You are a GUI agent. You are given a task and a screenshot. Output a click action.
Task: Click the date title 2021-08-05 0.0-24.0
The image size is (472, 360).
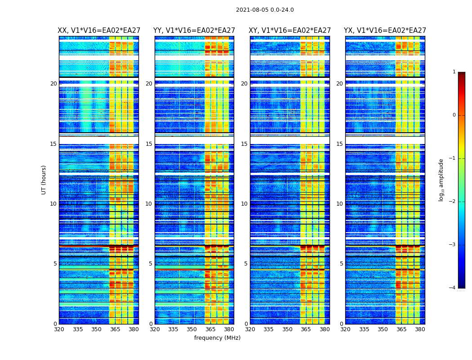point(265,10)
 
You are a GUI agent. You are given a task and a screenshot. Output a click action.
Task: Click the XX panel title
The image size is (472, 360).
point(99,31)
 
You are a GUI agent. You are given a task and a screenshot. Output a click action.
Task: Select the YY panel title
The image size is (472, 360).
point(194,31)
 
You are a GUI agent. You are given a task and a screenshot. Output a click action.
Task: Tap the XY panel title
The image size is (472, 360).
point(289,31)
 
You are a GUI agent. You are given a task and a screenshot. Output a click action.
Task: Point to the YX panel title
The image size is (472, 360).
point(385,31)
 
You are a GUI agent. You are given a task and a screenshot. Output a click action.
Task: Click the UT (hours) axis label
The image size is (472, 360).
point(44,180)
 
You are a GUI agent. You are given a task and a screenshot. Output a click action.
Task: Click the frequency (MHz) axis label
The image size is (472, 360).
point(217,338)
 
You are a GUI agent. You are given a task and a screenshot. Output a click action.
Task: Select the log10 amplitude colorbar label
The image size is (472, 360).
point(441,180)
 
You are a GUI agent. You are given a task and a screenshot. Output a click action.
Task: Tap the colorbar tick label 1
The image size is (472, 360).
point(454,72)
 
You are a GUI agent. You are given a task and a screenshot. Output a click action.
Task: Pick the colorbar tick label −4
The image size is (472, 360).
point(453,288)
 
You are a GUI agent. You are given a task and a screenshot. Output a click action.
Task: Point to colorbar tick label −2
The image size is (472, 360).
point(453,202)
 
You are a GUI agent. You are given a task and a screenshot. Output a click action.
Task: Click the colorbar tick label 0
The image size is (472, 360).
point(454,115)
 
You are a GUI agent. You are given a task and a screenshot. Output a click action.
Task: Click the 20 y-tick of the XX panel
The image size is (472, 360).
point(53,84)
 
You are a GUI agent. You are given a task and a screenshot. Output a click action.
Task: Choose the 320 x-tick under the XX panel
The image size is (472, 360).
point(59,329)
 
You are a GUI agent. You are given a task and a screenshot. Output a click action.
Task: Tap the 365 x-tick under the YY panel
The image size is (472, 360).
point(210,329)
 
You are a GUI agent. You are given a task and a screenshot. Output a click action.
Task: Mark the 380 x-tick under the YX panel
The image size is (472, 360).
point(420,329)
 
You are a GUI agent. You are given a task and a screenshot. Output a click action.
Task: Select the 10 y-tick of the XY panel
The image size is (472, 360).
point(244,204)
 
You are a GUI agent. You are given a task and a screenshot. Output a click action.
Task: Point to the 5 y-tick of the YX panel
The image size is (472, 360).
point(341,264)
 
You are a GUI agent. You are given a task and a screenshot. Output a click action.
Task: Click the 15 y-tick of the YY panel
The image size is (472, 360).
point(149,144)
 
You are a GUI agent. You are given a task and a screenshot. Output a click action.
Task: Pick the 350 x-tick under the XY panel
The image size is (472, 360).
point(287,329)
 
